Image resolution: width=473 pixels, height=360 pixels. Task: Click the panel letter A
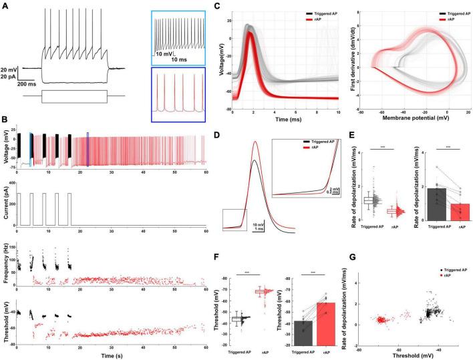tap(5, 5)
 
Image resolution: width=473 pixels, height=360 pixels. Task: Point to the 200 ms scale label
tap(27, 85)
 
